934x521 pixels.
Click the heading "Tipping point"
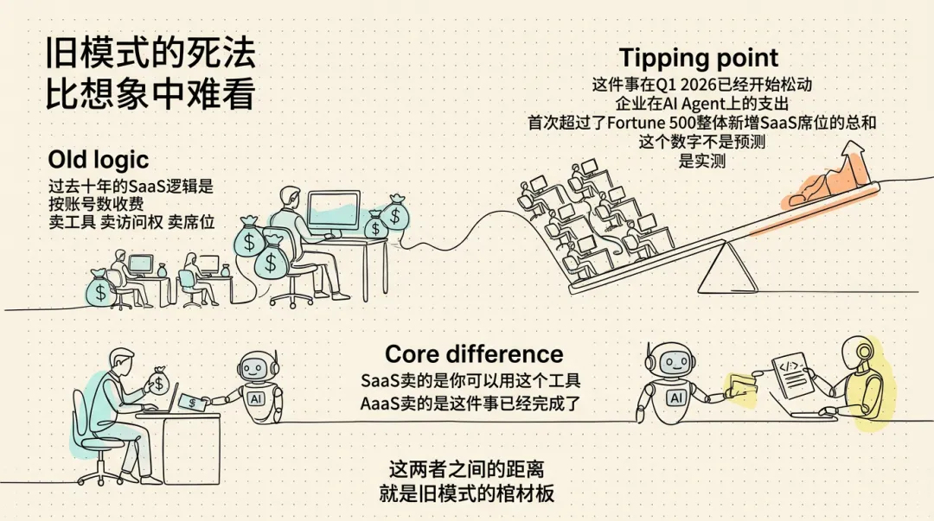(699, 59)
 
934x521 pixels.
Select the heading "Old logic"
(99, 160)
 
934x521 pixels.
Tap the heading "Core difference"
(474, 354)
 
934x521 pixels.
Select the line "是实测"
(703, 161)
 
